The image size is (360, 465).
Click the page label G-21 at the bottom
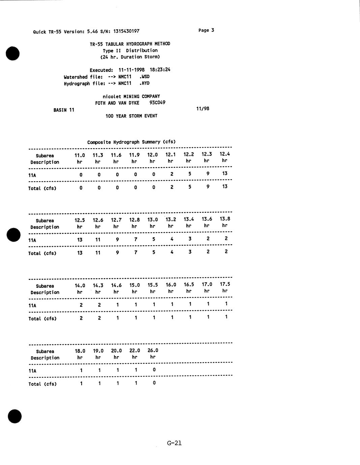click(x=174, y=443)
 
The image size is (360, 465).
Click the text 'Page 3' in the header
click(x=206, y=30)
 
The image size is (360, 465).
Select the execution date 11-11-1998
click(x=131, y=70)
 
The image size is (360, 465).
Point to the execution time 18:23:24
click(x=160, y=70)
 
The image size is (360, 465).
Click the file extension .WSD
click(x=144, y=76)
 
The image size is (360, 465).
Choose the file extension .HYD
click(x=144, y=83)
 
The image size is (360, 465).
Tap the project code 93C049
click(x=157, y=102)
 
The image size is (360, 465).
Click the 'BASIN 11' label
click(x=64, y=110)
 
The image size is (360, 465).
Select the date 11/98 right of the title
click(x=203, y=108)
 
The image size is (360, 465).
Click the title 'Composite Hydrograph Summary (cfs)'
click(x=131, y=142)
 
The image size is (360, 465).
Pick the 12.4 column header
click(x=225, y=154)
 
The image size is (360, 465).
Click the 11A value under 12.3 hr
click(x=208, y=174)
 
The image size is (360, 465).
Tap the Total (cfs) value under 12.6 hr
click(x=98, y=252)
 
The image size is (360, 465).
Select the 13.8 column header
click(x=225, y=219)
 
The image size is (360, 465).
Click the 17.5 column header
click(x=225, y=284)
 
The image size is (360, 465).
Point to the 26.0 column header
click(x=153, y=350)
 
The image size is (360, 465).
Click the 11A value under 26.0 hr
click(x=154, y=370)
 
